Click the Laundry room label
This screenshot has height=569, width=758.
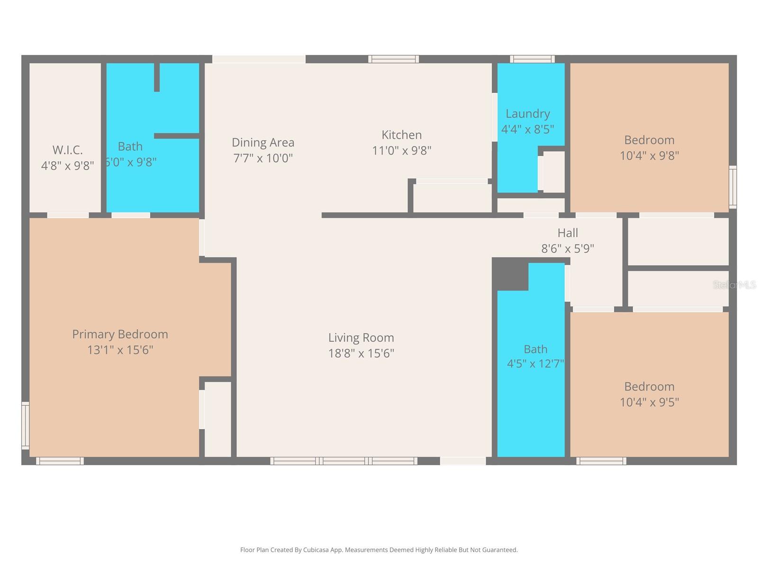[x=527, y=114]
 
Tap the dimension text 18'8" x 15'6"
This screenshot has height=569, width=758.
[x=361, y=353]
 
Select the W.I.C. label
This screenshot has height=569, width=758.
[x=67, y=150]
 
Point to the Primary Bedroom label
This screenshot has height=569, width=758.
[x=120, y=334]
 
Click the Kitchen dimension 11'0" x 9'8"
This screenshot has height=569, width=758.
[x=401, y=151]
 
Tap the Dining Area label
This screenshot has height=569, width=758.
[x=263, y=142]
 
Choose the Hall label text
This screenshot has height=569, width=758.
[x=568, y=233]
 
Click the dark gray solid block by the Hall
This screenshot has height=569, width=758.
[x=510, y=275]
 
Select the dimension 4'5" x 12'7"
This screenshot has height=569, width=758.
[x=535, y=364]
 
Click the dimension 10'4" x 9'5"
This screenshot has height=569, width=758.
[x=649, y=402]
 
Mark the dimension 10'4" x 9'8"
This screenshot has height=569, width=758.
[x=649, y=156]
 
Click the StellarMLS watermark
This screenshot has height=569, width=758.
[x=734, y=284]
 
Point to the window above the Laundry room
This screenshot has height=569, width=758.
[x=532, y=59]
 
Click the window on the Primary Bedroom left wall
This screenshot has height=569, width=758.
[x=26, y=425]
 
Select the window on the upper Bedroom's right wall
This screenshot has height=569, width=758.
[x=732, y=187]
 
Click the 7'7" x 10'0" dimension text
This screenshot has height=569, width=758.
[x=263, y=158]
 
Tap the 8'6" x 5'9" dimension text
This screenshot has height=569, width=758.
[x=568, y=248]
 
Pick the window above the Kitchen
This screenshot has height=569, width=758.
[x=393, y=59]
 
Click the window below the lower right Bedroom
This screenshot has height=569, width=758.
[x=601, y=461]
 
